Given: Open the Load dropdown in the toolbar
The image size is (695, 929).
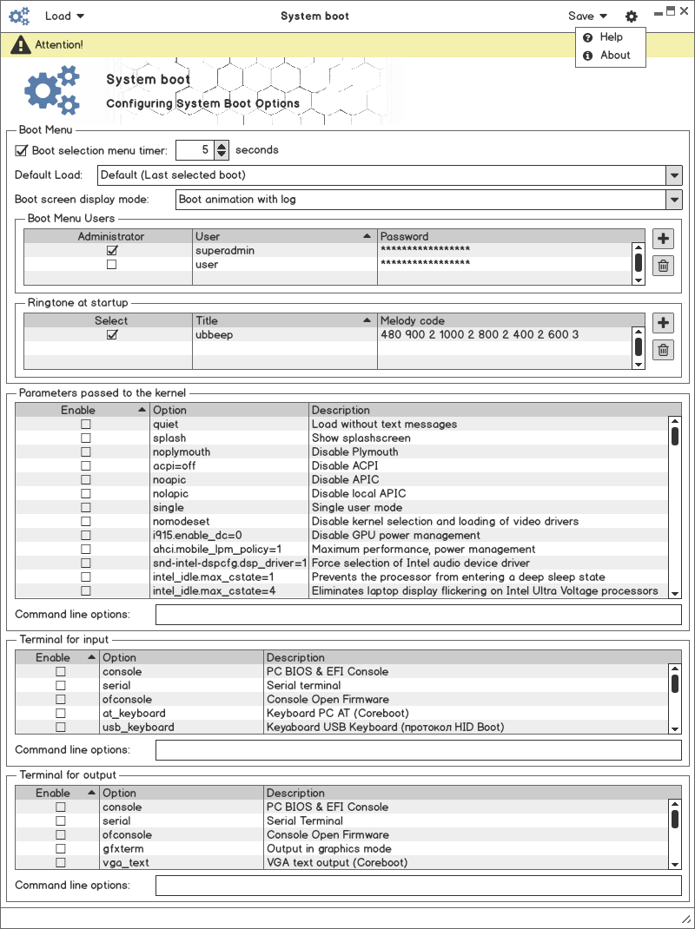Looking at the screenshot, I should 64,16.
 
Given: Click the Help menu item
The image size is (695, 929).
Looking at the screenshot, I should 611,37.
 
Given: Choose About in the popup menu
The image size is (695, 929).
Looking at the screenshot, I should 614,55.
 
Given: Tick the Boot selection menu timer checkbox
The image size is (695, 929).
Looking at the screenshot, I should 22,150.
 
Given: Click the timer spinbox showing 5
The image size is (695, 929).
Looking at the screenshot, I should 195,150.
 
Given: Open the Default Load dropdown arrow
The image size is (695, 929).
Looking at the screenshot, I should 674,175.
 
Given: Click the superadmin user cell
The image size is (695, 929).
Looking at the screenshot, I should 283,250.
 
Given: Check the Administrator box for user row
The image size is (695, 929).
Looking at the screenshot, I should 111,264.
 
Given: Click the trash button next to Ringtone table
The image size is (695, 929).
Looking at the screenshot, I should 663,350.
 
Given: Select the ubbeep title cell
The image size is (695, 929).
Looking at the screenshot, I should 283,334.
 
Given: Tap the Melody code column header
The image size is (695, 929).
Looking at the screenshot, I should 504,320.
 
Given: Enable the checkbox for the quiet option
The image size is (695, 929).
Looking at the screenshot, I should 85,425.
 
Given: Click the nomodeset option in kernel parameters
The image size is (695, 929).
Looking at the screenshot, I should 181,521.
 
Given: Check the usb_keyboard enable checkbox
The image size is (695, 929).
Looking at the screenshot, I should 61,727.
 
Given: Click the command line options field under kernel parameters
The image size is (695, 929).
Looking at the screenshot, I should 418,615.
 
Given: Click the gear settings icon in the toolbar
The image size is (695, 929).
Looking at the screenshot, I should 631,16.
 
